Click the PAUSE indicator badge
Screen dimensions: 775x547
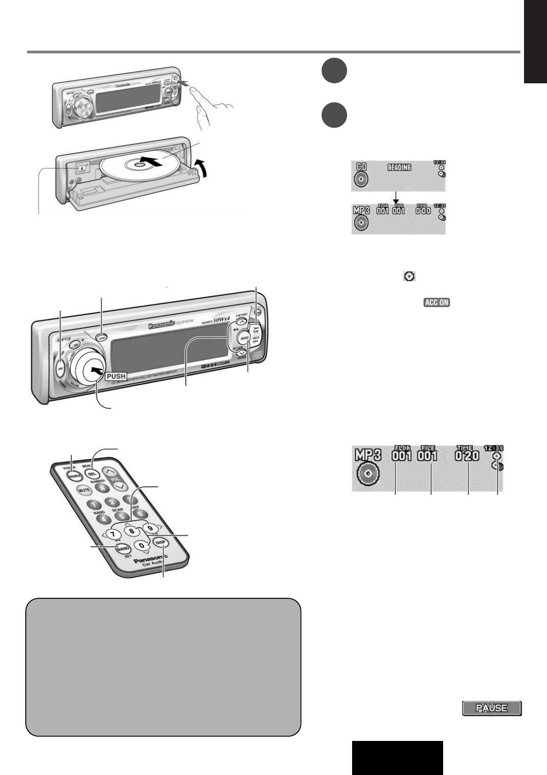491,708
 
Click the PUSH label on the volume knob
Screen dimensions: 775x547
116,376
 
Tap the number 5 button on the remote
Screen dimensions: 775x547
118,516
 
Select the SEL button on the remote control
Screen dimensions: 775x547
92,474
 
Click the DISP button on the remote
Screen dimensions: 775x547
160,542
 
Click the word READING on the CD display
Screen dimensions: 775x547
399,168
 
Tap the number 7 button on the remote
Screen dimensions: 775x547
112,534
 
